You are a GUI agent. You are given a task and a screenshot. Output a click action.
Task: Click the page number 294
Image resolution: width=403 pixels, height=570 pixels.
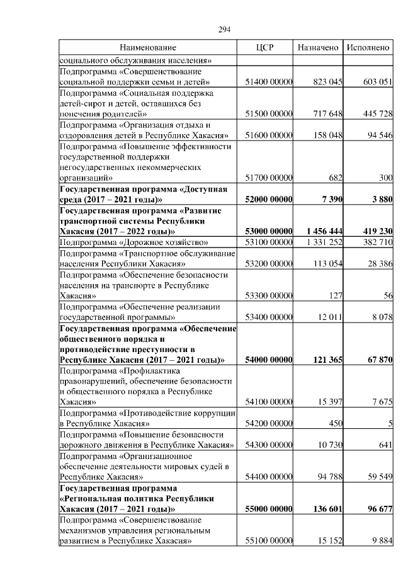click(x=225, y=30)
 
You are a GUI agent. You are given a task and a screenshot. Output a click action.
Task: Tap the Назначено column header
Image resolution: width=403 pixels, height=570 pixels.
click(x=318, y=47)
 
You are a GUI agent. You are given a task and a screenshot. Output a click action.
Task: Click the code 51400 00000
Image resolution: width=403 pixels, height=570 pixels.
click(x=269, y=82)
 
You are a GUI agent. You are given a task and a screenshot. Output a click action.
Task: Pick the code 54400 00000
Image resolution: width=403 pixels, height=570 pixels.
click(x=269, y=477)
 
